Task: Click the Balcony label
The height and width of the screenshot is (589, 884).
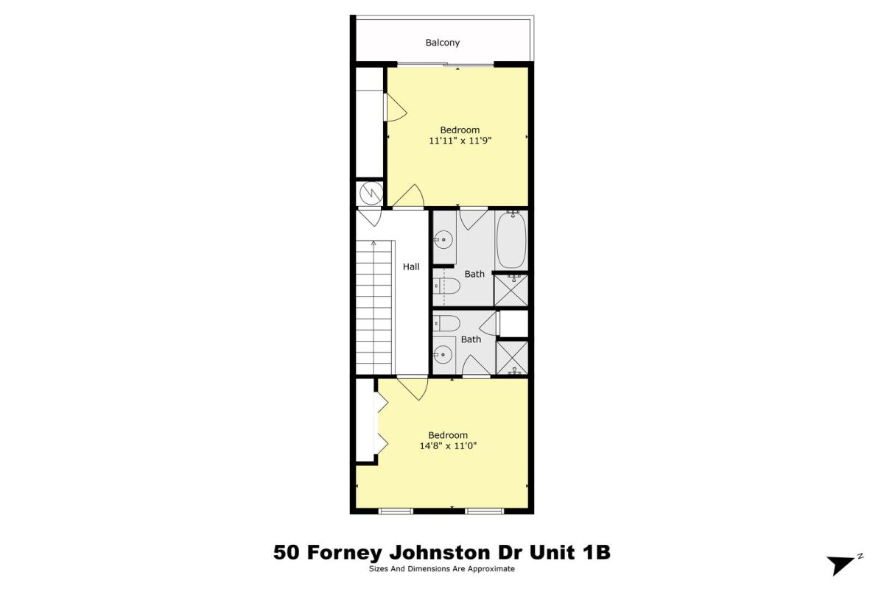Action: [x=443, y=43]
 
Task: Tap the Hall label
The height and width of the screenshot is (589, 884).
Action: [x=411, y=267]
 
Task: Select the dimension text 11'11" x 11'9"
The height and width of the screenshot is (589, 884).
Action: [x=460, y=141]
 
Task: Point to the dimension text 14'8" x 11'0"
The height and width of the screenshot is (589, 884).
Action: [x=448, y=445]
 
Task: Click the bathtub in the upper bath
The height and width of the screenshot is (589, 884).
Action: [x=511, y=240]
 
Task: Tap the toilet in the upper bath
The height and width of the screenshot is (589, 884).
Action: [x=446, y=286]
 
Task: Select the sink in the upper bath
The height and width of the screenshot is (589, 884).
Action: [x=443, y=239]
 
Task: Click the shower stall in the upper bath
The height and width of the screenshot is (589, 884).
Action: [x=511, y=290]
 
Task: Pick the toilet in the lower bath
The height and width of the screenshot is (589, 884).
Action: [x=446, y=324]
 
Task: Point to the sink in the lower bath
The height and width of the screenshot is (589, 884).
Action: [x=443, y=354]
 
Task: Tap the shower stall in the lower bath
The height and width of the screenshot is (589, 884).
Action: [x=512, y=358]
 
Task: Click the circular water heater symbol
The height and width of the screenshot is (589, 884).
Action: [x=371, y=194]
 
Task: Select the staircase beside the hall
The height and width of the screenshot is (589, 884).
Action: [x=375, y=307]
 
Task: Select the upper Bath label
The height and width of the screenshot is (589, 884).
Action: [x=474, y=274]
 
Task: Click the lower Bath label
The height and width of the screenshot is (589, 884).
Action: [x=471, y=339]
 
